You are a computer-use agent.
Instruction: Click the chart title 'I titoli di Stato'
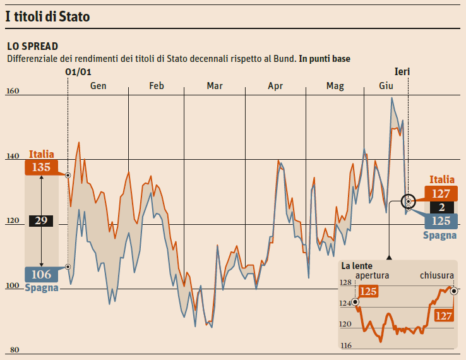point(47,17)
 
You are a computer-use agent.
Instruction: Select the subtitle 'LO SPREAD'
point(32,46)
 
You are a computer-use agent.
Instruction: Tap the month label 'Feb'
point(157,86)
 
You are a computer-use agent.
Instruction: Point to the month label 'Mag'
point(335,86)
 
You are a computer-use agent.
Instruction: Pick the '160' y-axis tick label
point(13,92)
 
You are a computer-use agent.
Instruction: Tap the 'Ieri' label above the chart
point(402,72)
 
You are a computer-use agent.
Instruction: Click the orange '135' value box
point(42,167)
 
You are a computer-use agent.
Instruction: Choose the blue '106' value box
point(42,274)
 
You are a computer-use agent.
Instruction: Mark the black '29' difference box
point(42,220)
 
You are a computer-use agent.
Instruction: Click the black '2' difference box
point(442,207)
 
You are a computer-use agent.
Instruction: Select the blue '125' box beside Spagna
point(442,220)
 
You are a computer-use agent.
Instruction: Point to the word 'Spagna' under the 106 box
point(42,287)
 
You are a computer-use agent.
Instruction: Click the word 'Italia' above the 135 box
point(42,154)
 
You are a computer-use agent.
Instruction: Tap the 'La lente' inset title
point(357,266)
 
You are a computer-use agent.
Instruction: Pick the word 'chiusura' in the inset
point(437,276)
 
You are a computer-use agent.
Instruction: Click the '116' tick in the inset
point(346,345)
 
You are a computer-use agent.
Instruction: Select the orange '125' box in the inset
point(369,292)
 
